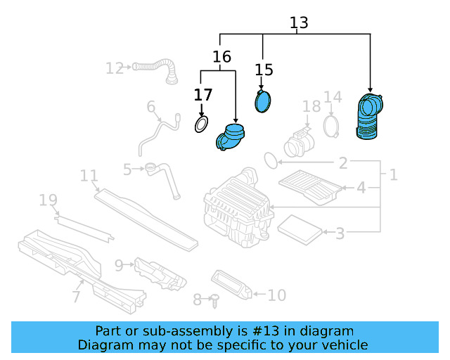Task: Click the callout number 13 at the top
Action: click(299, 22)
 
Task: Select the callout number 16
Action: click(222, 57)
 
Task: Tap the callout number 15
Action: click(263, 70)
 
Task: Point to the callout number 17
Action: click(202, 94)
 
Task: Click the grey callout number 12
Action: click(114, 68)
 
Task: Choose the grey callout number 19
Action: click(48, 201)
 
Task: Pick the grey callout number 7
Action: click(76, 297)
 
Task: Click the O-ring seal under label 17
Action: click(201, 125)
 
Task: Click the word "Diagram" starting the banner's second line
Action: click(104, 345)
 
